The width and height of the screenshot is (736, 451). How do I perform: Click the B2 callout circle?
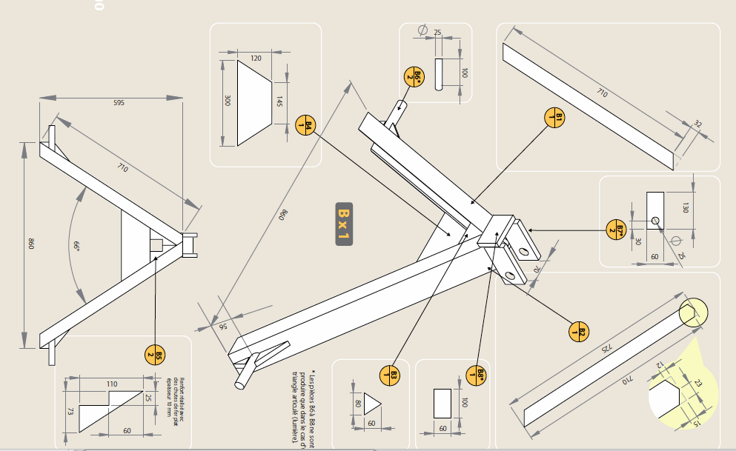coord(579,332)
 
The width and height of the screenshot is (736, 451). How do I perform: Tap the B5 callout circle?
coord(154,354)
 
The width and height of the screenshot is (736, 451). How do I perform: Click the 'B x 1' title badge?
coord(343,223)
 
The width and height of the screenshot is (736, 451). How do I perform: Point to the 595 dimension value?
coord(119,103)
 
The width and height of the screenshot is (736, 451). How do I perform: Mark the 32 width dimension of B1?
coord(697,124)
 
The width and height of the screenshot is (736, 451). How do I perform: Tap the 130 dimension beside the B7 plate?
coord(685,207)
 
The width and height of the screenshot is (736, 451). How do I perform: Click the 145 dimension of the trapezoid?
coord(279,101)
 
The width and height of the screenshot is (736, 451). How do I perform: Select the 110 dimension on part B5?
coord(112,384)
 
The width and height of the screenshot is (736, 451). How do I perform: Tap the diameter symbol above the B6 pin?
coord(422,30)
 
